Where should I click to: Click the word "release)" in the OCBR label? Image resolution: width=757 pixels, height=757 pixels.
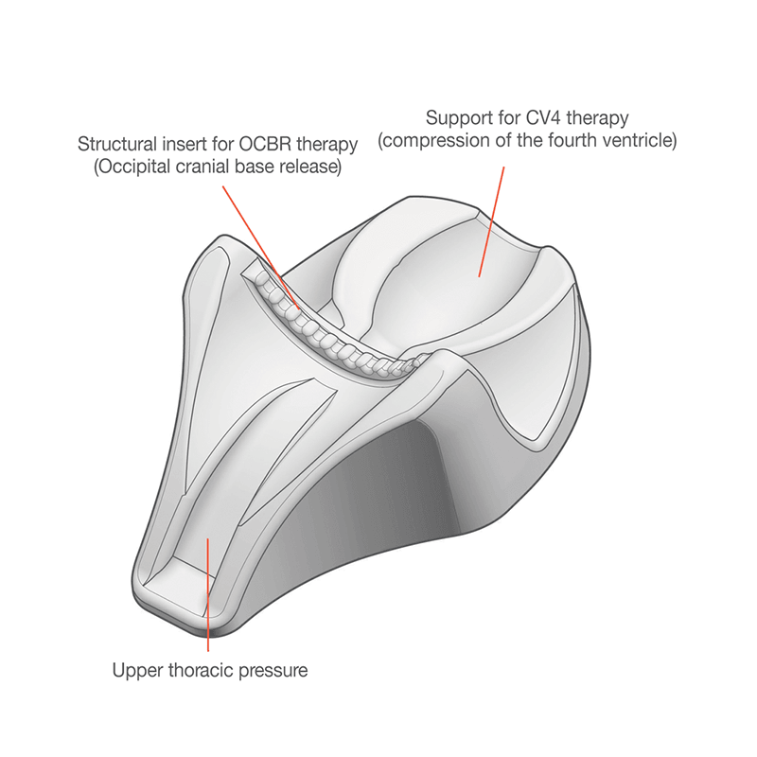[x=310, y=168]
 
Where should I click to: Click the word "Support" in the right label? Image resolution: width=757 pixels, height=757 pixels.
[x=457, y=119]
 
